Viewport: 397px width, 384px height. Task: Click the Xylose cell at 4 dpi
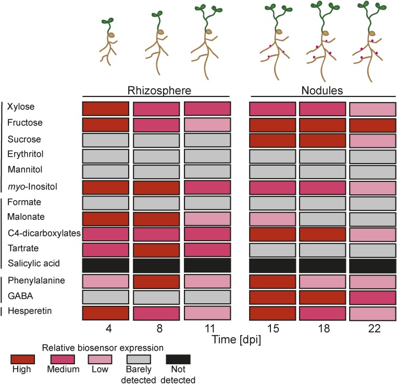[106, 108]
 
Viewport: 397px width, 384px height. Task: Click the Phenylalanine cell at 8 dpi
[156, 281]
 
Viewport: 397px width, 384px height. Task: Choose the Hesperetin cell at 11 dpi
[207, 313]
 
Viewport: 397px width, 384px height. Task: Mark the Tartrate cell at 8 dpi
[156, 249]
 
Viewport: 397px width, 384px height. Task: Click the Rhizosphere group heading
[156, 90]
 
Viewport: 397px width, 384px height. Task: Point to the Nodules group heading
[322, 90]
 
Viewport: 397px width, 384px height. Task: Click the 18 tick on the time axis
[322, 330]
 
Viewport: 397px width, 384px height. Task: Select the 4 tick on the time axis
[106, 330]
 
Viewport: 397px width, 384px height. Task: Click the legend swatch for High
[22, 360]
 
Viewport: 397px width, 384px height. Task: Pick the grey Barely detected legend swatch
[138, 360]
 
